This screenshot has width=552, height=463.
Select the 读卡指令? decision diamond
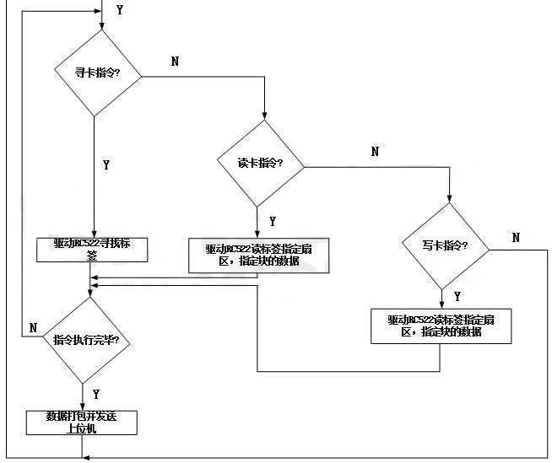pyautogui.click(x=260, y=163)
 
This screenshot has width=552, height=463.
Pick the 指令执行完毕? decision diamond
pyautogui.click(x=85, y=340)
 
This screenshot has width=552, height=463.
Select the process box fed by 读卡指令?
pyautogui.click(x=256, y=254)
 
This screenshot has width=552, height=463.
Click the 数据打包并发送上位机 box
pyautogui.click(x=80, y=422)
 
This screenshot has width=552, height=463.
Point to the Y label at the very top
pyautogui.click(x=118, y=10)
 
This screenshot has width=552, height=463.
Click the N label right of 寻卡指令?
pyautogui.click(x=175, y=62)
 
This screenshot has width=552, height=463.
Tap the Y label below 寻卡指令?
pyautogui.click(x=106, y=165)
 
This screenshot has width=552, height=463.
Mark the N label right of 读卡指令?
pyautogui.click(x=375, y=151)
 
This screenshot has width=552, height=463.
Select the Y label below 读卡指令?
pyautogui.click(x=272, y=221)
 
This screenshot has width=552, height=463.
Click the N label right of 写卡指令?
pyautogui.click(x=516, y=238)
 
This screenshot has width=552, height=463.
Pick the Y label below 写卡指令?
pyautogui.click(x=457, y=296)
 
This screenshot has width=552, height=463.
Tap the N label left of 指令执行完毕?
pyautogui.click(x=33, y=326)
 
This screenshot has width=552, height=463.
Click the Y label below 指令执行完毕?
pyautogui.click(x=95, y=394)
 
